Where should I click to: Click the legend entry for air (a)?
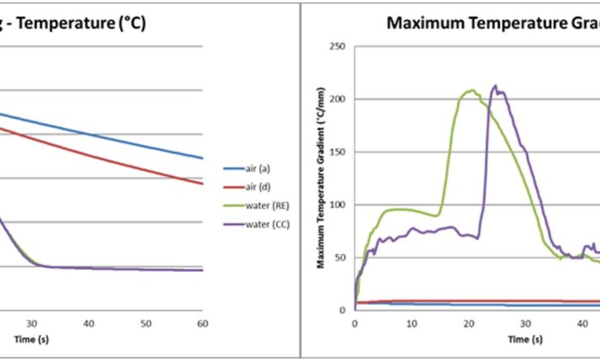tap(257, 169)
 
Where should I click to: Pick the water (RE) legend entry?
tap(261, 206)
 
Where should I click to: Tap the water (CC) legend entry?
tap(261, 224)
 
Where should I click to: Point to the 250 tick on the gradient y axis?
tap(338, 47)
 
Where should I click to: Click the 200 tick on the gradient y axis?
tap(338, 100)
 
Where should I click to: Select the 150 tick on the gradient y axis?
tap(338, 152)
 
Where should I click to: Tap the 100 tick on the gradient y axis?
tap(338, 205)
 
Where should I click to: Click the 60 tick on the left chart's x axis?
tap(203, 324)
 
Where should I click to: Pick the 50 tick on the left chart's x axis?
tap(146, 324)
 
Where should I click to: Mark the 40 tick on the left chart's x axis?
tap(89, 324)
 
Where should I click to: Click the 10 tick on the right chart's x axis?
tap(412, 323)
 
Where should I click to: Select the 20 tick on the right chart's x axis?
tap(469, 323)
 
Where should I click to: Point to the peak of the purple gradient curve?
tap(496, 86)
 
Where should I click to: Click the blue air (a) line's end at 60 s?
tap(202, 158)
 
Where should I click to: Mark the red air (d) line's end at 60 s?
tap(202, 184)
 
